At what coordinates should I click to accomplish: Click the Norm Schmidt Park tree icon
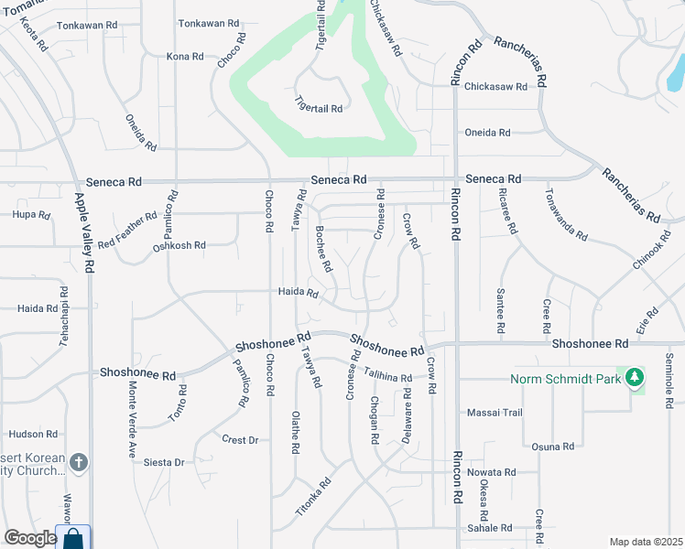point(634,377)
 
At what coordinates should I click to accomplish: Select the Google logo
point(29,538)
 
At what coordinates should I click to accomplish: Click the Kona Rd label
point(185,57)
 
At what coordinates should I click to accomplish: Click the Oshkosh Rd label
point(179,246)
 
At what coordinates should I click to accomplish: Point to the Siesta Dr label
point(165,463)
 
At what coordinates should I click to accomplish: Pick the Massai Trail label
point(495,413)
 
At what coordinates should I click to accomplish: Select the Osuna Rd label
point(552,447)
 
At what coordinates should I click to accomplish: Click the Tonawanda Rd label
point(566,216)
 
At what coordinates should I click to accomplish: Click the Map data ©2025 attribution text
point(645,542)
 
